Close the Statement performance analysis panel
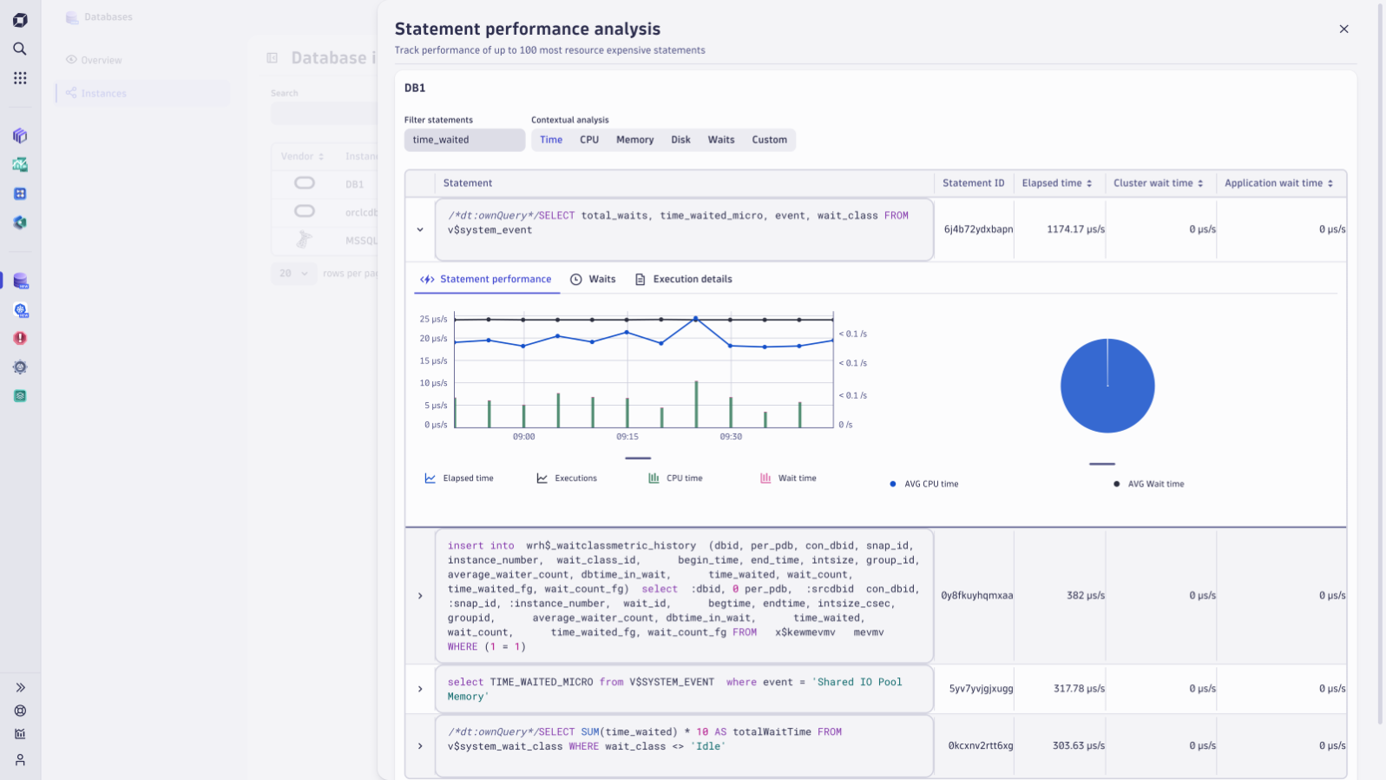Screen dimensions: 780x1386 1343,30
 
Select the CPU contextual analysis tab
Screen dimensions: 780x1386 589,140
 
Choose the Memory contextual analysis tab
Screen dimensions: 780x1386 634,140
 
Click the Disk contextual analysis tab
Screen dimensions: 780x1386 680,140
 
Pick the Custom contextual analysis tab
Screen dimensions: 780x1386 769,140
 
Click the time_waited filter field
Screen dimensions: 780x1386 464,140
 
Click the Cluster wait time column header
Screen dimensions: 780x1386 1158,183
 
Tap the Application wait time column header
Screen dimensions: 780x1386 1278,183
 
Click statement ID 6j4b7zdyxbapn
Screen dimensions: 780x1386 978,230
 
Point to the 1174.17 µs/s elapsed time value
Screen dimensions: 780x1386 1075,230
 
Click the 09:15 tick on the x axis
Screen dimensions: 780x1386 627,437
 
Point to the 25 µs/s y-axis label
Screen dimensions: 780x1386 434,320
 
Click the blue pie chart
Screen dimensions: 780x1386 1107,386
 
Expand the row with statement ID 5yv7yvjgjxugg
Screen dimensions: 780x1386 420,689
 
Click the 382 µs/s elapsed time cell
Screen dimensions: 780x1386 1086,596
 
